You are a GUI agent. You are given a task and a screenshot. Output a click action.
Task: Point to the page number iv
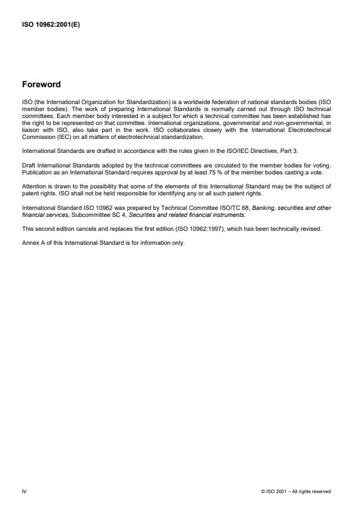coord(24,491)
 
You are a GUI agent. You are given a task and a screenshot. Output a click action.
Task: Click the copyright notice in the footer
coord(296,491)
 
